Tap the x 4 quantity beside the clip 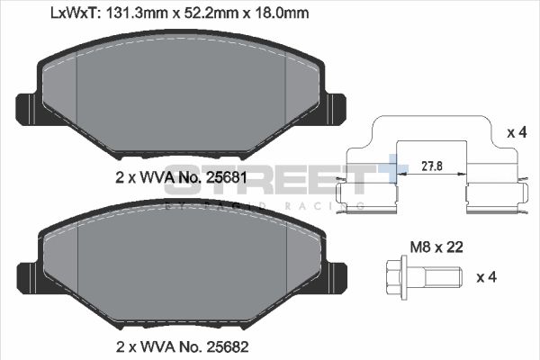[517, 132]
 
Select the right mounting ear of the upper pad [336, 109]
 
